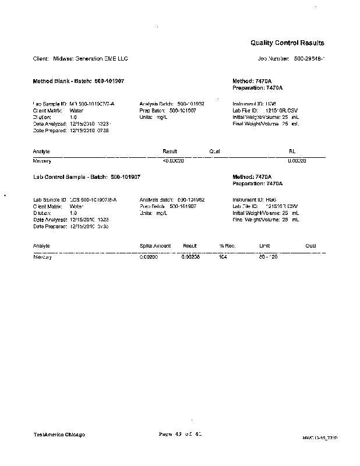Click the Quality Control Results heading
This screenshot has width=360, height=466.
(287, 43)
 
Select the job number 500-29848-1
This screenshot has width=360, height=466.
(309, 59)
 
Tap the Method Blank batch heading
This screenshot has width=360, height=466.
(78, 81)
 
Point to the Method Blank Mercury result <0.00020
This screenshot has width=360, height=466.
(173, 161)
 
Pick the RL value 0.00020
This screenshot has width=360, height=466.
(297, 161)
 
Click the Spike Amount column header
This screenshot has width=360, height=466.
(155, 246)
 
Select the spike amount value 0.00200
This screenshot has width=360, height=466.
(149, 257)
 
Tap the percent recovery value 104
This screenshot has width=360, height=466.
(222, 257)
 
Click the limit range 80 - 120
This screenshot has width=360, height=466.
(267, 257)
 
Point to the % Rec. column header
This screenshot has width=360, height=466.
(225, 246)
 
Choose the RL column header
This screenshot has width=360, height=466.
(292, 151)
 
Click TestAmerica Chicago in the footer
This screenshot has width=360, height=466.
(59, 435)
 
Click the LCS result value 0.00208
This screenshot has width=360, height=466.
(190, 257)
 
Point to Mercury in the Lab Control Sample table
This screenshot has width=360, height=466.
(43, 257)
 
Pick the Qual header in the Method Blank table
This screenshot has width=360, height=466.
(214, 151)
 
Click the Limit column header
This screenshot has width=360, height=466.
(264, 246)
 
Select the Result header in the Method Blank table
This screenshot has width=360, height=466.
(170, 151)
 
